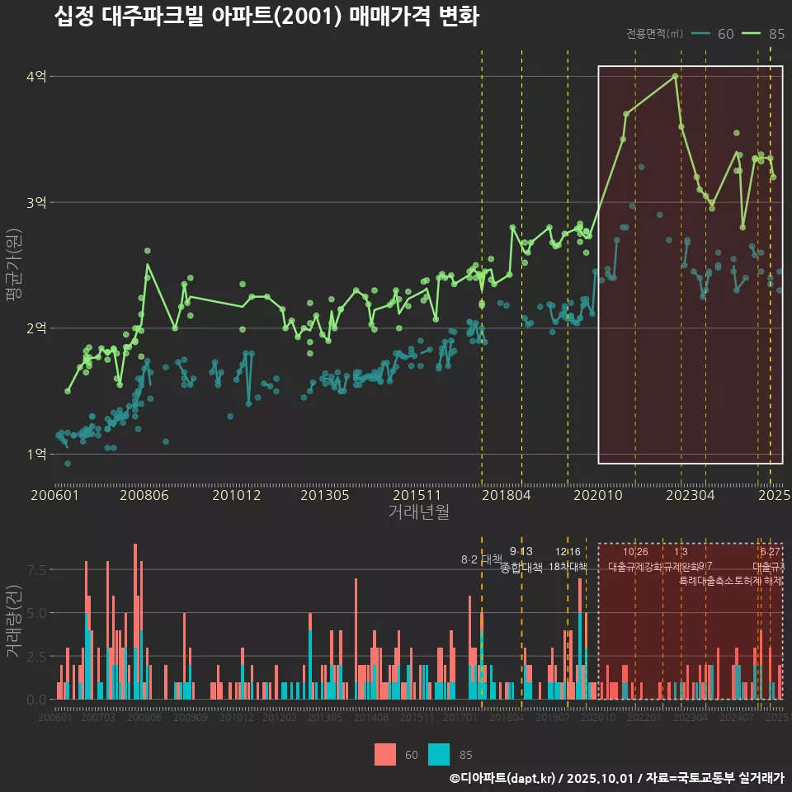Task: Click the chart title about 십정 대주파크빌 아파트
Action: click(266, 16)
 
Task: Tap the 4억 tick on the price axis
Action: click(36, 77)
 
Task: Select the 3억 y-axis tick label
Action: click(36, 203)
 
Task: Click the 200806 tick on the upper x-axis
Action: click(145, 496)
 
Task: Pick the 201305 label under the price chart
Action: click(324, 496)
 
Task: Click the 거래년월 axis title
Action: click(418, 512)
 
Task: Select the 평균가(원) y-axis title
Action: click(13, 269)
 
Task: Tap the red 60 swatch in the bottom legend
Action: click(384, 754)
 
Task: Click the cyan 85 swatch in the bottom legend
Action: click(439, 754)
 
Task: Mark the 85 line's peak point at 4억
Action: click(676, 76)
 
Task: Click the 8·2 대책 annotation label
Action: click(481, 559)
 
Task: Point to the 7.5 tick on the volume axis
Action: click(36, 570)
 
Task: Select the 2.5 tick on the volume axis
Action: click(36, 657)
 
